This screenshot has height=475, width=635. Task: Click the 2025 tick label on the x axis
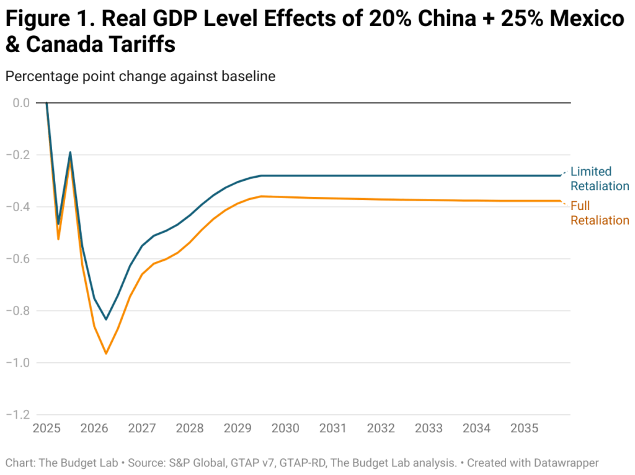[46, 429]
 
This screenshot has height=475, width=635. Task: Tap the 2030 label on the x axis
[285, 429]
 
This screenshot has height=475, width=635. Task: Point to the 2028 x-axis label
[190, 429]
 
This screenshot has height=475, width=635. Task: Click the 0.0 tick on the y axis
[21, 103]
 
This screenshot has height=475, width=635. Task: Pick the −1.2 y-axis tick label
[18, 414]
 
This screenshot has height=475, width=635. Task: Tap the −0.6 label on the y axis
[18, 259]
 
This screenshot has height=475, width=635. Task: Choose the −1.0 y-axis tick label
[18, 362]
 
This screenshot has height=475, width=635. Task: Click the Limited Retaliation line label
[599, 179]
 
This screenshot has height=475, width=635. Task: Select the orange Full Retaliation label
[599, 213]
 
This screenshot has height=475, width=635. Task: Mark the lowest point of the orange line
[106, 354]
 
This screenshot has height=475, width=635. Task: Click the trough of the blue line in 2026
[106, 320]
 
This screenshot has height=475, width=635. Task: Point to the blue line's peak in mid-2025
[70, 152]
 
